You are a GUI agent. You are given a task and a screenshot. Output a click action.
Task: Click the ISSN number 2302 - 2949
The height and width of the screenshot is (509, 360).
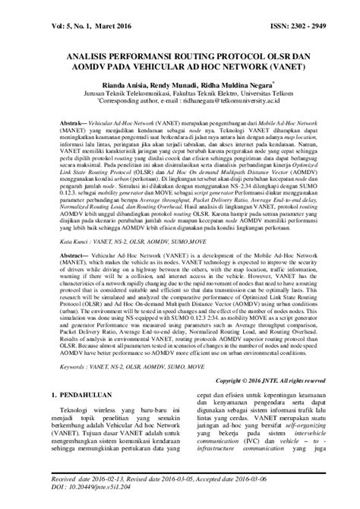click(x=326, y=14)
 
